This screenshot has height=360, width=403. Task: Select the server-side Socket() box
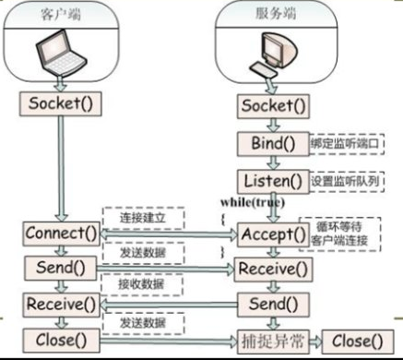[272, 107]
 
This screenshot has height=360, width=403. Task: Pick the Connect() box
[62, 233]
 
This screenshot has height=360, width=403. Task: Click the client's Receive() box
[62, 303]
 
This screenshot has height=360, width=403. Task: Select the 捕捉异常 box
[268, 339]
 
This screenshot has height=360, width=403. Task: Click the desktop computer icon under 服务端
[274, 55]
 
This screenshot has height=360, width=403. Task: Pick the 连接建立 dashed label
[142, 216]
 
